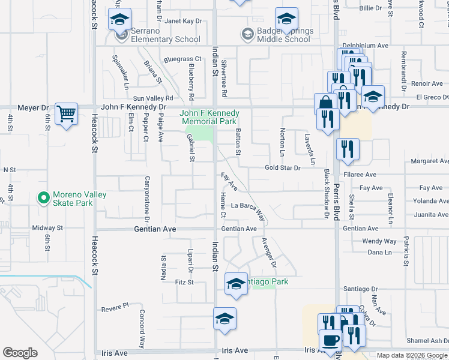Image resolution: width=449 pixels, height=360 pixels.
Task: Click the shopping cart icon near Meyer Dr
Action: click(66, 113)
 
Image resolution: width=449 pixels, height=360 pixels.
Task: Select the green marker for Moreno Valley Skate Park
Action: click(43, 197)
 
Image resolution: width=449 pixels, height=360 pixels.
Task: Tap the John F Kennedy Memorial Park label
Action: click(210, 117)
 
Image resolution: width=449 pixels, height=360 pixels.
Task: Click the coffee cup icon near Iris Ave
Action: click(330, 340)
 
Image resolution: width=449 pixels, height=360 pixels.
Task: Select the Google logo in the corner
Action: click(20, 353)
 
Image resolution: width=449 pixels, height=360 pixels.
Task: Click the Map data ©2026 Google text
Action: click(412, 355)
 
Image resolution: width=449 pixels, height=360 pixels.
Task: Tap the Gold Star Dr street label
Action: click(282, 168)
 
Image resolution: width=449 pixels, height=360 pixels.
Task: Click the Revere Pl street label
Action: click(115, 306)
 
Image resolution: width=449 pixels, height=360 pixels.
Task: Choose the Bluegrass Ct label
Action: click(166, 59)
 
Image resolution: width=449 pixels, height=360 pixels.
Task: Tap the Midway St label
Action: click(47, 228)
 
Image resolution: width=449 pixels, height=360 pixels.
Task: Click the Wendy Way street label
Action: click(379, 241)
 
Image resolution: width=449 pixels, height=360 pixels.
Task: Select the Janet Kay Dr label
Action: click(183, 21)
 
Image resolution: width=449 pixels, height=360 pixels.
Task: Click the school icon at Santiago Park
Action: click(236, 283)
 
